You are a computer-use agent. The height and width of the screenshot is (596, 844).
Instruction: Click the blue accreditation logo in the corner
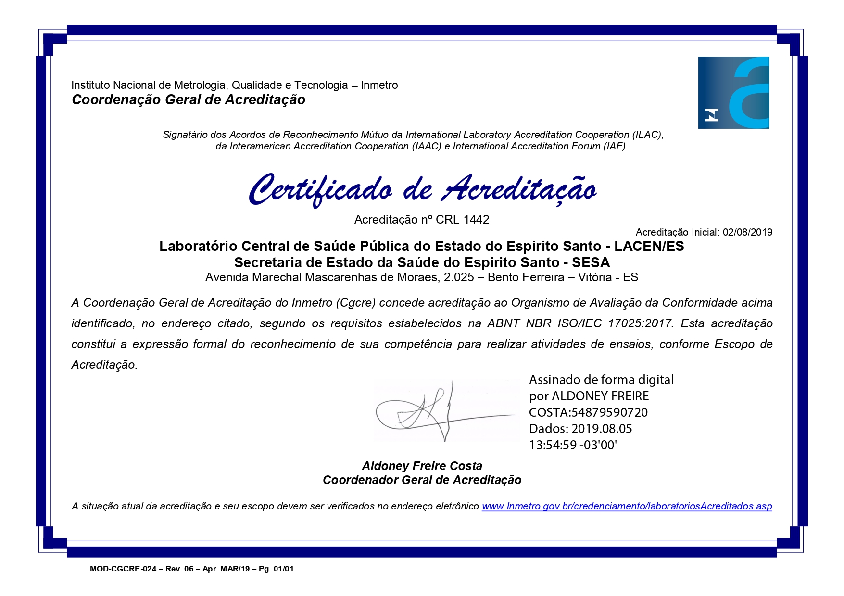click(733, 93)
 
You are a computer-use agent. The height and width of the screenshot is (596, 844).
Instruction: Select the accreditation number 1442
click(476, 220)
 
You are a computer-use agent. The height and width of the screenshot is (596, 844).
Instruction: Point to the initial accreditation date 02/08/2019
click(747, 232)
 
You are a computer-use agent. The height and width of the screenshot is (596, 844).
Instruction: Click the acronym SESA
click(591, 262)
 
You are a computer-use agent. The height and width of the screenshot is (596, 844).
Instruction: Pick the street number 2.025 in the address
click(459, 277)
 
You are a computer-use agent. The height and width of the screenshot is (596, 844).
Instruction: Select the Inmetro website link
click(627, 506)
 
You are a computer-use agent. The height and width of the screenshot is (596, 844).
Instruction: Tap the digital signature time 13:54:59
click(553, 445)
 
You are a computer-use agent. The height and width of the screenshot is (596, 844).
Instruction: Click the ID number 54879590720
click(609, 412)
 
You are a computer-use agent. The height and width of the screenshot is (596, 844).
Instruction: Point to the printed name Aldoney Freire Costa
click(422, 466)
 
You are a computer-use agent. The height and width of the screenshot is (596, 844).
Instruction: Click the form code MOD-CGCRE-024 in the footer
click(123, 569)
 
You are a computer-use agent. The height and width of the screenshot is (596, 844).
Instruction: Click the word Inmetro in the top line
click(379, 85)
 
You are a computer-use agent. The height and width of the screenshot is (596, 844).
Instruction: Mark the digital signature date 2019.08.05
click(602, 429)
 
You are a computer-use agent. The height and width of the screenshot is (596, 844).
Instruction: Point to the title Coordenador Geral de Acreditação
click(422, 480)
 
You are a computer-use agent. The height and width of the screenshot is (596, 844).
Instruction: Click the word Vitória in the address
click(595, 277)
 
